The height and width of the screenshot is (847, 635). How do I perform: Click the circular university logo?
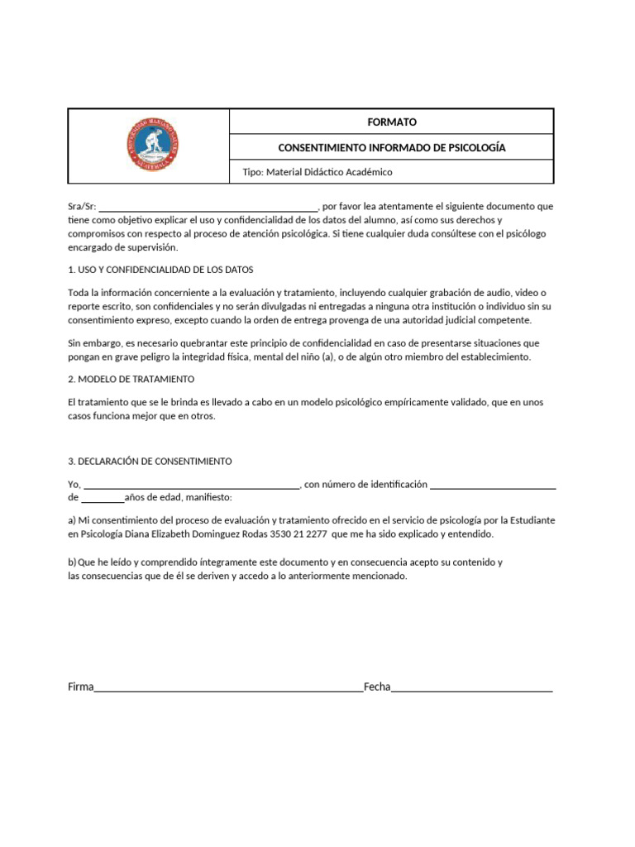pos(151,146)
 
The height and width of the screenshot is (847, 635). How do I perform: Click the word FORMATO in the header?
pos(391,122)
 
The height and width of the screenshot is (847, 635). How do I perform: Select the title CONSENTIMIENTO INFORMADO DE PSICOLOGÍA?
pos(391,147)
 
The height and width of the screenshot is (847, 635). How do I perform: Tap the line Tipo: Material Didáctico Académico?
pos(316,172)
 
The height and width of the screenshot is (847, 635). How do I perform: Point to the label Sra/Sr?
pos(82,207)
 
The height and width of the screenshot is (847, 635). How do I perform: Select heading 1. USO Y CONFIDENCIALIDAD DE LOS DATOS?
pos(160,270)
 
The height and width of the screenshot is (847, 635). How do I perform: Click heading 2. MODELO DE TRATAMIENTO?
pos(131,379)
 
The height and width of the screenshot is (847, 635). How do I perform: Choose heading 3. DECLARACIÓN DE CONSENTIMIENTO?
pos(150,461)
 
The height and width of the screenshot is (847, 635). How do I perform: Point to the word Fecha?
pos(377,687)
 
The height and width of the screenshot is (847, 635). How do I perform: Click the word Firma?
pos(81,687)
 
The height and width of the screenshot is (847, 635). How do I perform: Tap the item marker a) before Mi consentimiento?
pos(72,520)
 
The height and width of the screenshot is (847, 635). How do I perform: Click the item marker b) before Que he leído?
pos(72,562)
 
